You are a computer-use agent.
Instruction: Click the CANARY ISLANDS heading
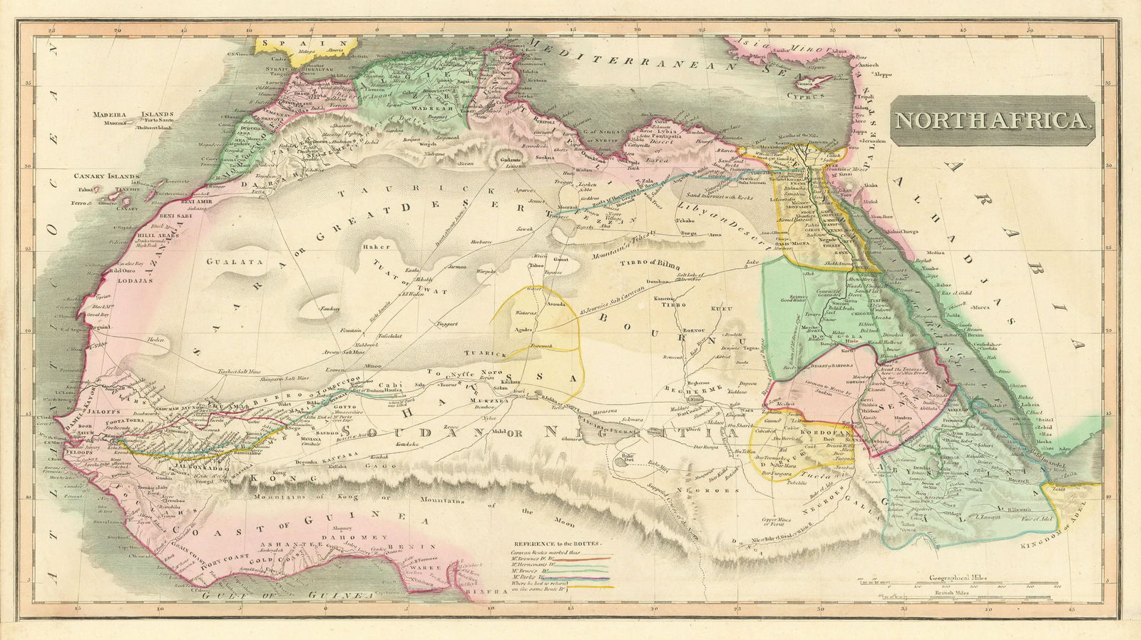point(108,175)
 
